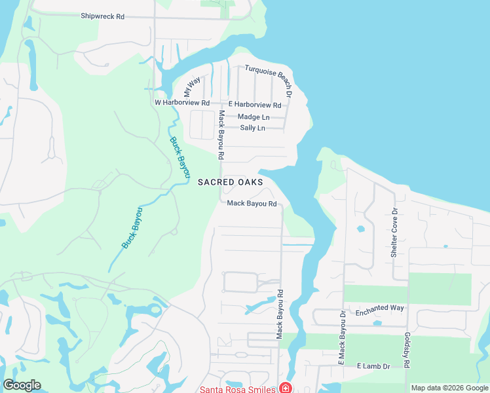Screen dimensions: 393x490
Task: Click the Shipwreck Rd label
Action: [103, 16]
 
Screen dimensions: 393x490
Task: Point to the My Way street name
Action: [192, 87]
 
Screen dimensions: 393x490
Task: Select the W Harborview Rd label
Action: [181, 103]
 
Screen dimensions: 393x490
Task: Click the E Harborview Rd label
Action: [255, 105]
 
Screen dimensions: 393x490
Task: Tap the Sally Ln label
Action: [252, 128]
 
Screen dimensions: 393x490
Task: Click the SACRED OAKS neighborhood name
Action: [230, 182]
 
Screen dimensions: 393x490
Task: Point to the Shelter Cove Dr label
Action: [394, 233]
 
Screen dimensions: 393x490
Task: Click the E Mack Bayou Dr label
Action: [341, 337]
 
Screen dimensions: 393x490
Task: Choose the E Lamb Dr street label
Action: [373, 366]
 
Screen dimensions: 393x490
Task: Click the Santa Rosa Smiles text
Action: [238, 388]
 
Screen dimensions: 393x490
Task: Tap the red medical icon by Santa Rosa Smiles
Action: [286, 388]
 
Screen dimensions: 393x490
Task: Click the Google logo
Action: [22, 385]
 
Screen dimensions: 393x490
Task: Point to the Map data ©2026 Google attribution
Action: [449, 388]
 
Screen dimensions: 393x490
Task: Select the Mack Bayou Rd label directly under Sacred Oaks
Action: [252, 204]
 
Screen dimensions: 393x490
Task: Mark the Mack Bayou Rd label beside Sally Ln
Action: [221, 135]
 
